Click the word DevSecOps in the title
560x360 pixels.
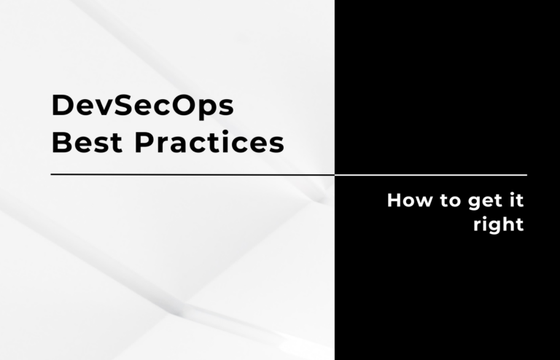[x=142, y=106]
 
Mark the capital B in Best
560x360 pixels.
[x=61, y=143]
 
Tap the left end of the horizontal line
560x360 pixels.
[x=52, y=175]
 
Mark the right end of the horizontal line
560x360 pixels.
[x=526, y=175]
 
